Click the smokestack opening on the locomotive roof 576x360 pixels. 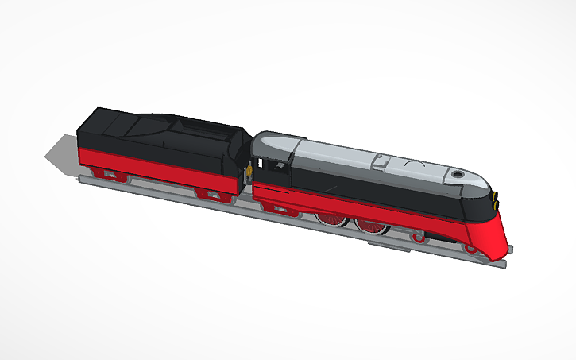pos(458,172)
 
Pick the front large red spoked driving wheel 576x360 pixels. pos(371,225)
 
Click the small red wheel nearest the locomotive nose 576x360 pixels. pos(470,249)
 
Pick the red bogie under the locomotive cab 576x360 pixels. pos(280,207)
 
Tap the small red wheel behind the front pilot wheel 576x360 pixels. pos(419,237)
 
